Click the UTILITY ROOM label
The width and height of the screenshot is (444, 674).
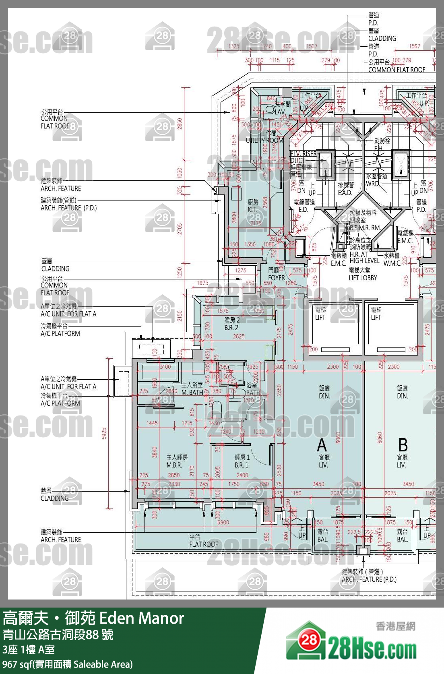264,140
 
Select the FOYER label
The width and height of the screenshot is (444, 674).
276,278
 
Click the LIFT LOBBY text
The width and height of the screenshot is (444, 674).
363,278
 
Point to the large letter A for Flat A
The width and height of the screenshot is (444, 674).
322,445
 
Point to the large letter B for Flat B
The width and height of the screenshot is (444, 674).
403,445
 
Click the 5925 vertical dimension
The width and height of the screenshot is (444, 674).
104,433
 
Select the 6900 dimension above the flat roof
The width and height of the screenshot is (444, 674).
223,522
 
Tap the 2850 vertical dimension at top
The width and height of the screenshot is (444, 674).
180,123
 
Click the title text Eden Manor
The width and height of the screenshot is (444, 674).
141,618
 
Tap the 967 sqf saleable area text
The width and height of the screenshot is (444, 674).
67,664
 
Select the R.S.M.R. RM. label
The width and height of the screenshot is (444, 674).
365,228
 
